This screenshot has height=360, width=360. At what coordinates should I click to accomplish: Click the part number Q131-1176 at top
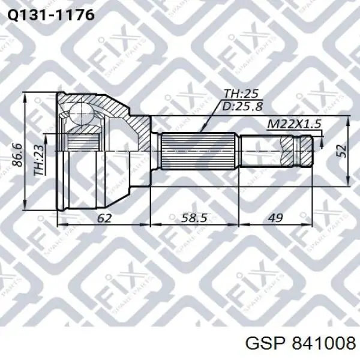pyautogui.click(x=51, y=16)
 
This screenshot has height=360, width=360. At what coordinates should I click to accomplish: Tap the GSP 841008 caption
pyautogui.click(x=301, y=344)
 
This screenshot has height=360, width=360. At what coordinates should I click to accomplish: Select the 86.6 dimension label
pyautogui.click(x=17, y=155)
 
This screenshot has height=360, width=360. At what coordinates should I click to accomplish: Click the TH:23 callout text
pyautogui.click(x=38, y=160)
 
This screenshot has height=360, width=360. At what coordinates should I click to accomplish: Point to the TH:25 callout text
pyautogui.click(x=241, y=94)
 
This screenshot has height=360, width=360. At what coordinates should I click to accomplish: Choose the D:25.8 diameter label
pyautogui.click(x=243, y=106)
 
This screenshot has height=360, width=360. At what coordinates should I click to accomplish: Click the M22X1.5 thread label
pyautogui.click(x=294, y=124)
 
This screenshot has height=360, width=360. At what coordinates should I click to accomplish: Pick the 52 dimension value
pyautogui.click(x=341, y=151)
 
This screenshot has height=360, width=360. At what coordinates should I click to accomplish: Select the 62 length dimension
pyautogui.click(x=104, y=218)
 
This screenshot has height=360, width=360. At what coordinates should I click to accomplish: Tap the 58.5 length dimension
pyautogui.click(x=194, y=218)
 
